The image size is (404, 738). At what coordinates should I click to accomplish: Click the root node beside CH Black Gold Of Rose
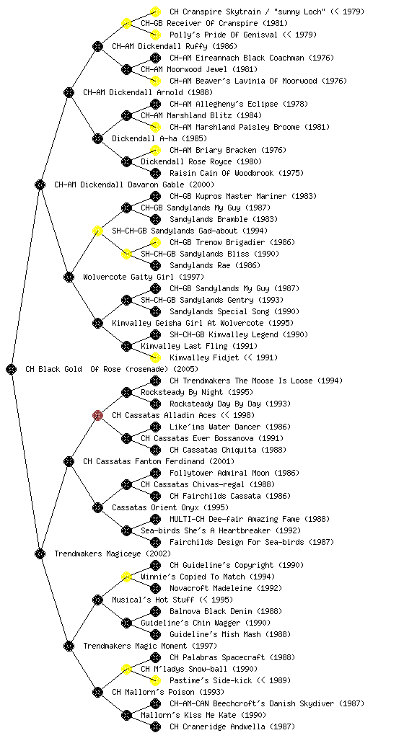[x=12, y=369]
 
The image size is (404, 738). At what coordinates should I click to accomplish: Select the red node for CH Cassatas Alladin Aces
[x=97, y=415]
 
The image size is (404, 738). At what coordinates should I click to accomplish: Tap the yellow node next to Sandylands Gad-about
[x=97, y=231]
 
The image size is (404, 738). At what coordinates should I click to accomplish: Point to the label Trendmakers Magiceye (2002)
[x=113, y=553]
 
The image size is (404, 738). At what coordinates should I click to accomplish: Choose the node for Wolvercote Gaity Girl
[x=69, y=277]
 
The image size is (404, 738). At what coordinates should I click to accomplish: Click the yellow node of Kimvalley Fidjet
[x=155, y=357]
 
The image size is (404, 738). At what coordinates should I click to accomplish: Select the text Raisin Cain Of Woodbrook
[x=221, y=173]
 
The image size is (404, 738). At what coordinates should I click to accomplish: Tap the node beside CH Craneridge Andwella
[x=155, y=726]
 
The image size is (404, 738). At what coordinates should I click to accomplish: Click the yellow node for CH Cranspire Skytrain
[x=155, y=12]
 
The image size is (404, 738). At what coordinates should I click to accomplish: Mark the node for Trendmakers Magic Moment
[x=69, y=646]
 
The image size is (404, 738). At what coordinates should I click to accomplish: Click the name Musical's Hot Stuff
[x=153, y=600]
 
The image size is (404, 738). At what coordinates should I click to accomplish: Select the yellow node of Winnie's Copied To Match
[x=126, y=577]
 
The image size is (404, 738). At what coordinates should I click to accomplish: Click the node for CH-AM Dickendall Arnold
[x=69, y=92]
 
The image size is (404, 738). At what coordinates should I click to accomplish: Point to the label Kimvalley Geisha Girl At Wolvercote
[x=188, y=323]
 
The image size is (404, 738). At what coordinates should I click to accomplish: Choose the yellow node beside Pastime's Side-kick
[x=155, y=680]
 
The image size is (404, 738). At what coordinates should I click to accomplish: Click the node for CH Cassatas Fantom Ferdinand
[x=69, y=461]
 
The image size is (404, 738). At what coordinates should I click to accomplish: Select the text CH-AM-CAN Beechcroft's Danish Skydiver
[x=252, y=703]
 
